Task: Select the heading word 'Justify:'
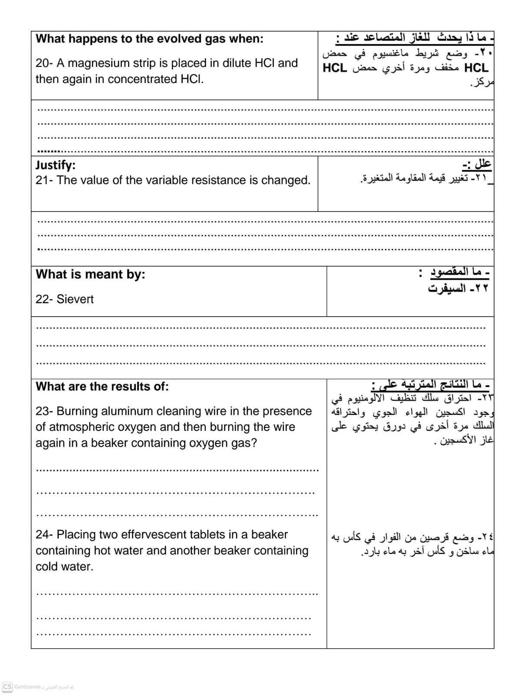[x=55, y=165]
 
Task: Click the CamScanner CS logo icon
[x=7, y=687]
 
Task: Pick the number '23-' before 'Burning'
[x=44, y=411]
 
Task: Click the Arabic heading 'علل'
[x=482, y=164]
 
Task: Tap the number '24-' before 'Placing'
[x=44, y=535]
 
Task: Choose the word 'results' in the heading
[x=120, y=387]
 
